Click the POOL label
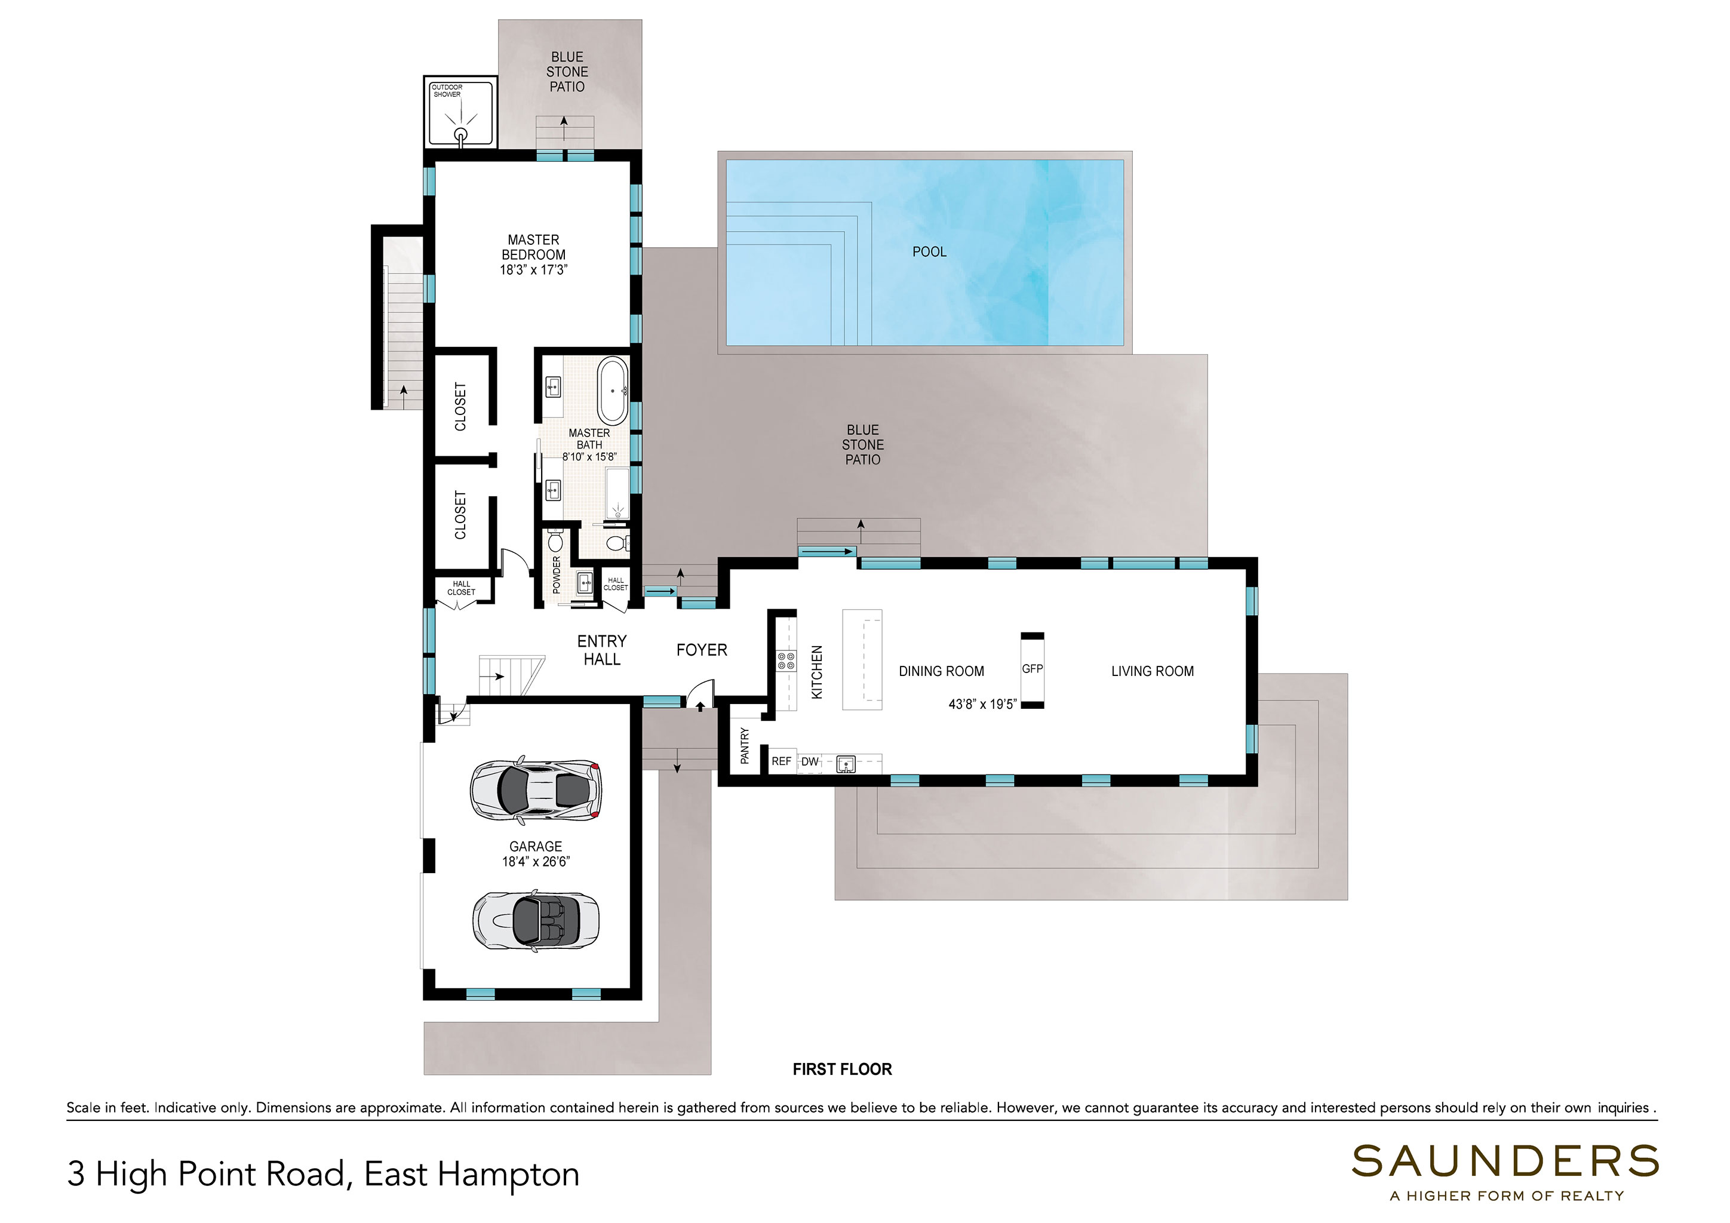[929, 251]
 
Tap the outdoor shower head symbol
[460, 135]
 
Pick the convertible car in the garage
[536, 921]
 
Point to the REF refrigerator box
[781, 761]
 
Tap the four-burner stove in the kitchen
[786, 661]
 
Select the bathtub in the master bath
[613, 391]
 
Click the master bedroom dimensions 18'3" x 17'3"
[533, 270]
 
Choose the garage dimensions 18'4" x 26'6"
[536, 861]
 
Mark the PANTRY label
[745, 745]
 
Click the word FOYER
[702, 650]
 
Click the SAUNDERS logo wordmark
[1505, 1161]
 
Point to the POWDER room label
[557, 575]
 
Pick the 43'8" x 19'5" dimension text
[982, 704]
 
